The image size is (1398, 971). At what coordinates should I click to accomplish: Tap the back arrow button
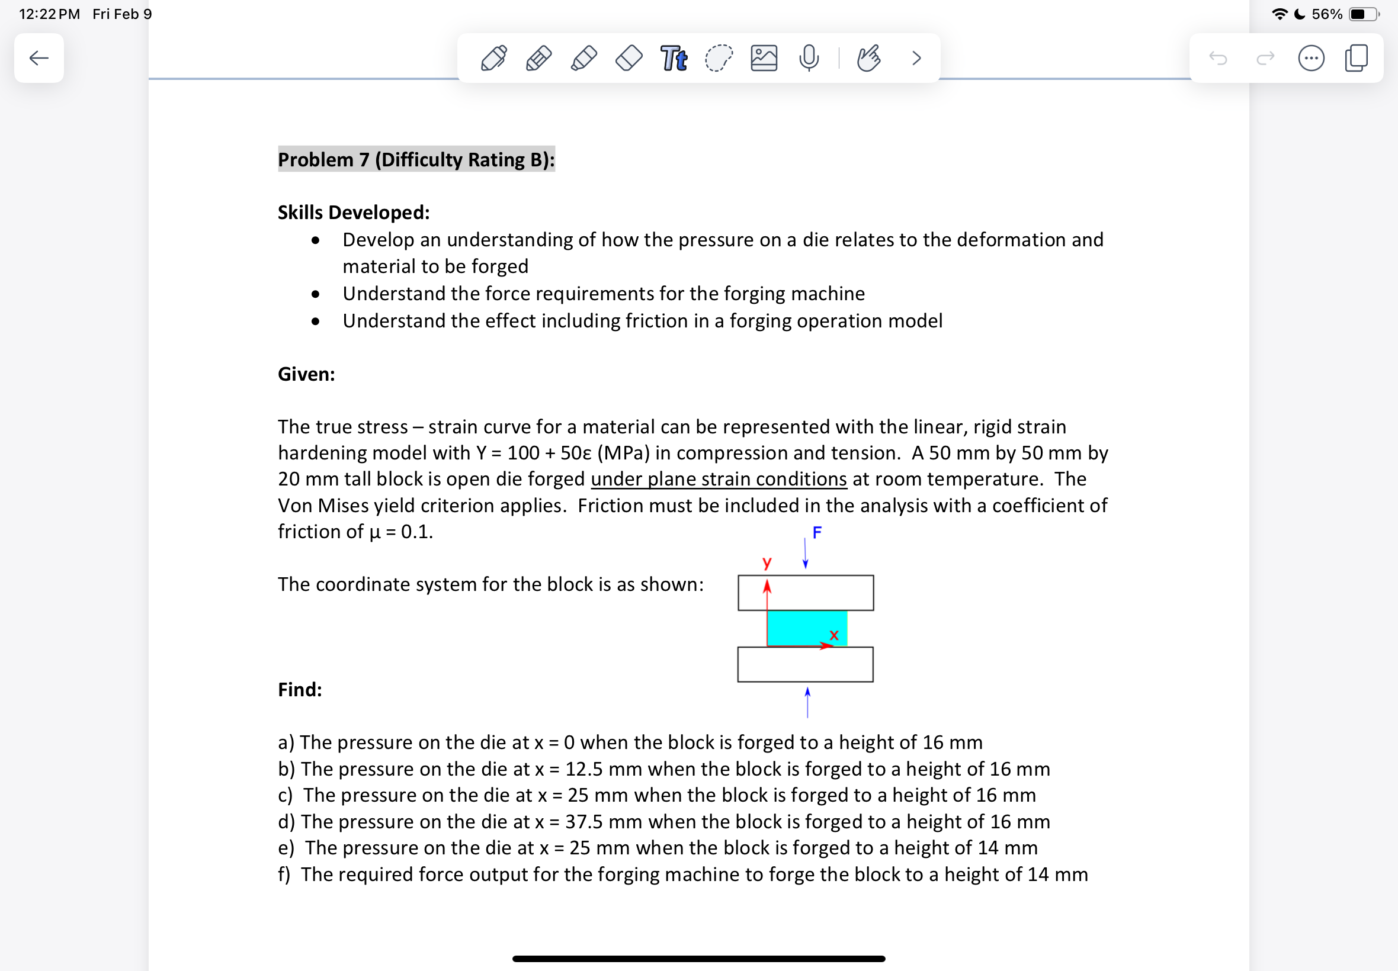(x=39, y=59)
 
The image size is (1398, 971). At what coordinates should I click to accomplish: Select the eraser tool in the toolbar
(x=629, y=59)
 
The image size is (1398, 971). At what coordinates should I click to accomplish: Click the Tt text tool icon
(x=674, y=59)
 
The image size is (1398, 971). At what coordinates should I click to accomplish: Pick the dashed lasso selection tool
(x=719, y=59)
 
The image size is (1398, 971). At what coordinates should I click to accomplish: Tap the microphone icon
(x=809, y=59)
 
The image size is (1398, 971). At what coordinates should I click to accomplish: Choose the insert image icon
(x=764, y=59)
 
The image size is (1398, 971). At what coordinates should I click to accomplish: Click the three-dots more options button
(x=1311, y=59)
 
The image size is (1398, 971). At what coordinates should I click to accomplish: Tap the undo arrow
(x=1218, y=59)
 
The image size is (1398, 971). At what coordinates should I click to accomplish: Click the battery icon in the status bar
(x=1363, y=14)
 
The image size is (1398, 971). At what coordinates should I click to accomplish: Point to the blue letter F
(x=817, y=533)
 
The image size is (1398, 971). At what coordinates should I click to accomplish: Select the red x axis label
(x=834, y=635)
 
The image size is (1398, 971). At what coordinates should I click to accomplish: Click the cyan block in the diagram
(x=803, y=626)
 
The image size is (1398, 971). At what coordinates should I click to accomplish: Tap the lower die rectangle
(x=805, y=664)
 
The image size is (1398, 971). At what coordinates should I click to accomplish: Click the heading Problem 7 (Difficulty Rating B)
(x=416, y=159)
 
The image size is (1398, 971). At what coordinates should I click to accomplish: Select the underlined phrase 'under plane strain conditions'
(x=719, y=480)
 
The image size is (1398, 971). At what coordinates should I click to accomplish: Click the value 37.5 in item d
(x=583, y=822)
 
